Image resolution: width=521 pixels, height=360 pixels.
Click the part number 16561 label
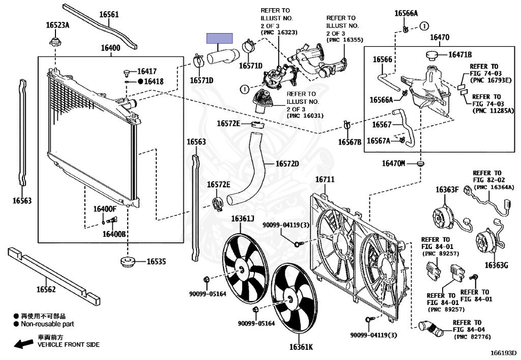click(x=109, y=14)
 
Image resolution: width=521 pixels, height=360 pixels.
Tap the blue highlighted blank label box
click(x=220, y=38)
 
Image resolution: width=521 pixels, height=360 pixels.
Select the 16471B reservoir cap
click(x=431, y=55)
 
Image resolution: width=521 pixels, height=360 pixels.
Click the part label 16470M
click(x=393, y=163)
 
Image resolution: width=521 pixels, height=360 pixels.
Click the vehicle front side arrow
click(x=23, y=344)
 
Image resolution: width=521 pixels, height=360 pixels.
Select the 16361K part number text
click(x=301, y=347)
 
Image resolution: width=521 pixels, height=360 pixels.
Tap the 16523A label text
click(x=57, y=25)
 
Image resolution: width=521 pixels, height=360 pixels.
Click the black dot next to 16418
click(x=140, y=81)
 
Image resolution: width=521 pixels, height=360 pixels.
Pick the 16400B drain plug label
click(x=114, y=234)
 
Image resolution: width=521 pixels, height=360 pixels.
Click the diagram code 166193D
click(x=503, y=353)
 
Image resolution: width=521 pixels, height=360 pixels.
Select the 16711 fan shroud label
click(x=325, y=180)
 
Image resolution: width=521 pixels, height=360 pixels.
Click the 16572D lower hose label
click(x=287, y=163)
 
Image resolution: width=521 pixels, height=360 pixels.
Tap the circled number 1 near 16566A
click(x=424, y=26)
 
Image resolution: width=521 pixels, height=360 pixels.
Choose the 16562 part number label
click(x=46, y=289)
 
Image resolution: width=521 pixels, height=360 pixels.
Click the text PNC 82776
click(x=472, y=337)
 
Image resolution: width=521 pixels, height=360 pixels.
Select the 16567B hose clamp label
click(x=350, y=142)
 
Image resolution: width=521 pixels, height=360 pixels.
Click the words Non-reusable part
click(x=47, y=324)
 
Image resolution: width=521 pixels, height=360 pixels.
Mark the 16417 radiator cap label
click(x=147, y=71)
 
